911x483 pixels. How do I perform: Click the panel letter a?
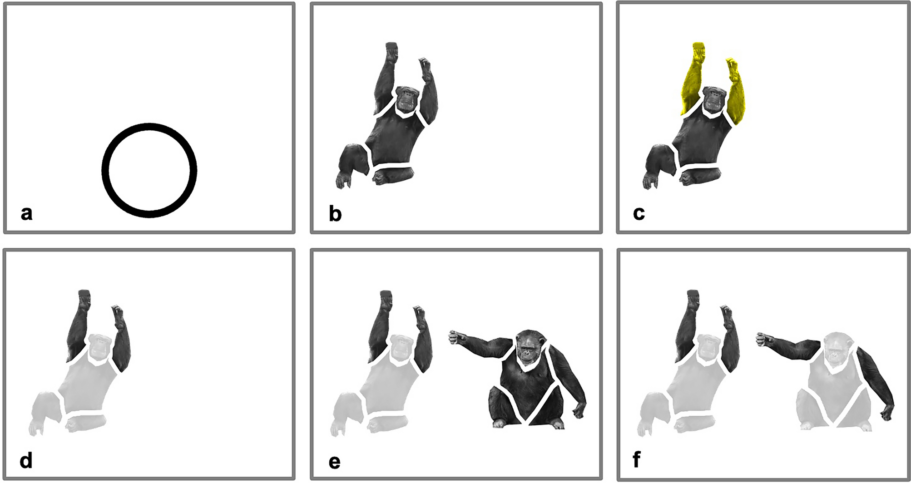tap(26, 213)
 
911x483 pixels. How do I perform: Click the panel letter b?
tap(335, 214)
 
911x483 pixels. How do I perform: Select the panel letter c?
tap(639, 213)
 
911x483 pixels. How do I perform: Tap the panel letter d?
tap(26, 460)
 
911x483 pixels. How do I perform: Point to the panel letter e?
tap(334, 461)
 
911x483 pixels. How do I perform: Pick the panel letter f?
tap(637, 460)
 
